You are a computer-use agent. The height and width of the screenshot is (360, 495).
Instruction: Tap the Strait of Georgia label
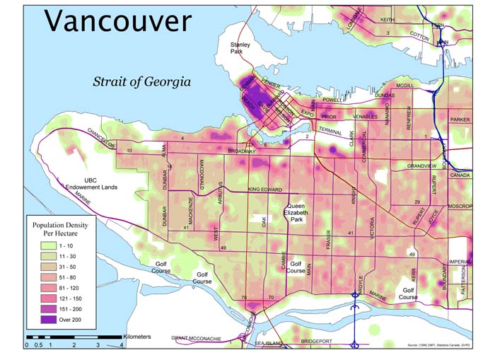tap(141, 81)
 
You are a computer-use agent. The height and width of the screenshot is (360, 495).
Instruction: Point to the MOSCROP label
tap(459, 206)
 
